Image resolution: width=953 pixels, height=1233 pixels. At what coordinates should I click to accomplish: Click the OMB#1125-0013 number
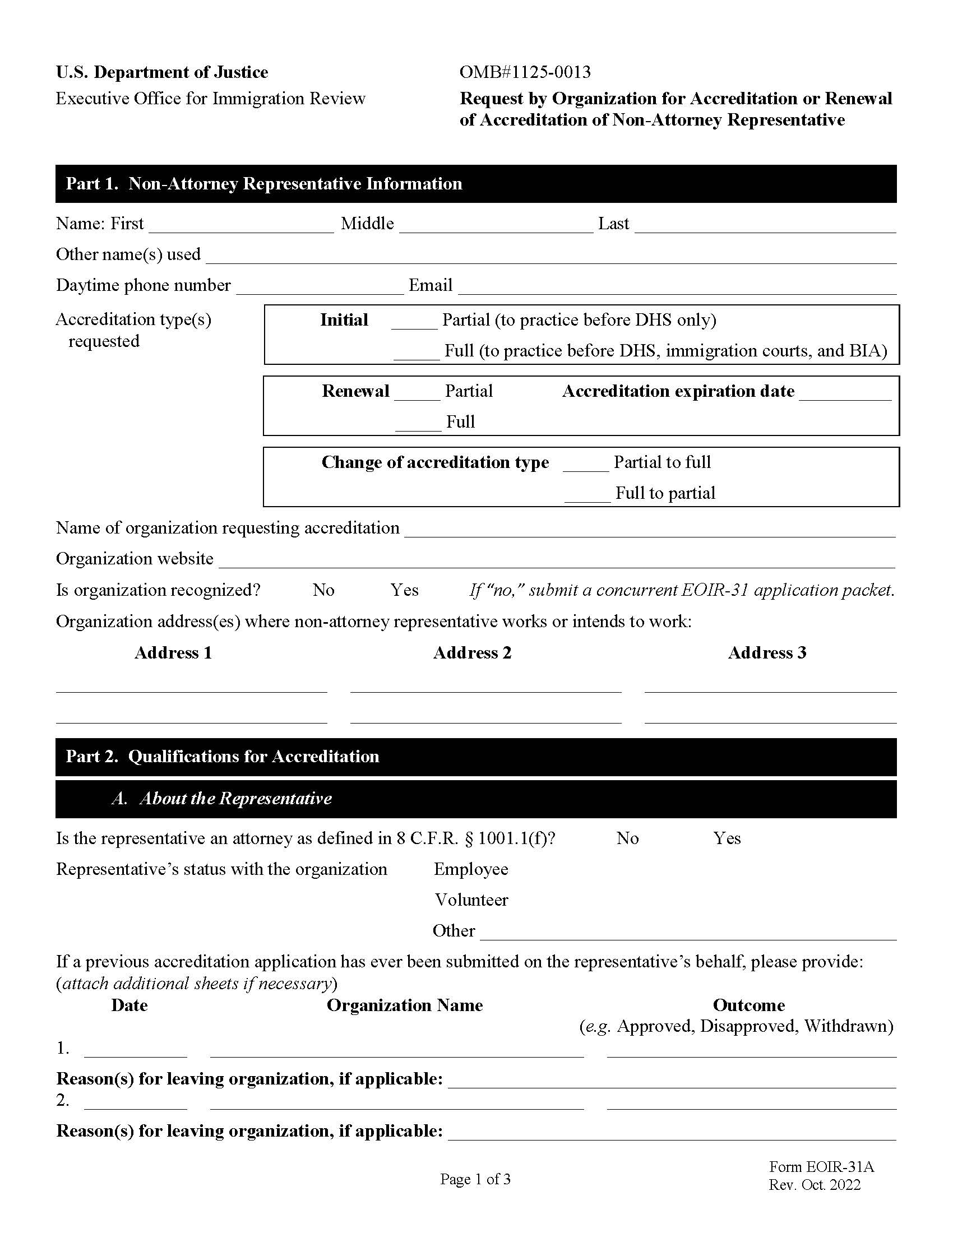point(525,72)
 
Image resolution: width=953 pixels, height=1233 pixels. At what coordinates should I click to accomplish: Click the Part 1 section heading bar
point(475,183)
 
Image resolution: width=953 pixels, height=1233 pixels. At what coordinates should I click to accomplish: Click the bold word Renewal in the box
point(355,391)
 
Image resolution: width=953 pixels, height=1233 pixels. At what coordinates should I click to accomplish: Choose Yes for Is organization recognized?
point(404,590)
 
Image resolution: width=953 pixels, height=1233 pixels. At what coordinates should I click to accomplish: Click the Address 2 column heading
point(472,652)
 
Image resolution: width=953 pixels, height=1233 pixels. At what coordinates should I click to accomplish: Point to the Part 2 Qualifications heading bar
point(475,757)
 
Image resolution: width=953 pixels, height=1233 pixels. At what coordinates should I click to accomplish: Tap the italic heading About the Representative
point(235,798)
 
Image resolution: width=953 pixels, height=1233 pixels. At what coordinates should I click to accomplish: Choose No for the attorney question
point(627,838)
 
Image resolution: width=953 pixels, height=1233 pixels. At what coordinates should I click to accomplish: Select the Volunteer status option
point(471,900)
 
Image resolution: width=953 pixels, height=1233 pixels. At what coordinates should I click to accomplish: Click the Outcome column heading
point(748,1005)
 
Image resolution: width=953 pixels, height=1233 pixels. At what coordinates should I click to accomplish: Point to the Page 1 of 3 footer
point(475,1179)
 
